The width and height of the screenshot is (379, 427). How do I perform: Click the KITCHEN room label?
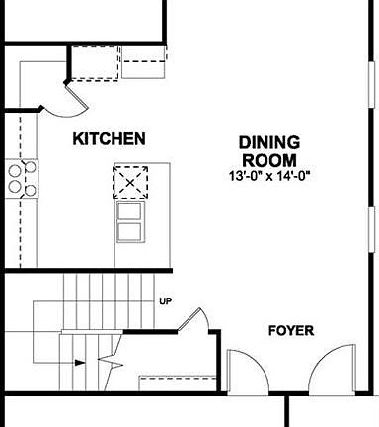point(110,139)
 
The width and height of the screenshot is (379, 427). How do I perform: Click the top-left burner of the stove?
point(16,169)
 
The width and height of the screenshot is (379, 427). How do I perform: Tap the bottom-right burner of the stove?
point(30,189)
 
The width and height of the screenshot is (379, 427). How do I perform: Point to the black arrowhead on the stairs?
point(79,364)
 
